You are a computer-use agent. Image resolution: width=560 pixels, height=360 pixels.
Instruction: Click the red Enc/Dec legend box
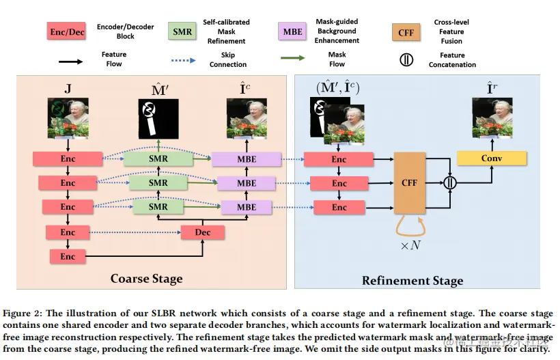[67, 31]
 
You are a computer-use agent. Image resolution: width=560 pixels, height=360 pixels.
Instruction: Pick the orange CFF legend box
[406, 31]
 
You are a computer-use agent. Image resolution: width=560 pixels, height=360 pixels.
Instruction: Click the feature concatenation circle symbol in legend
[406, 59]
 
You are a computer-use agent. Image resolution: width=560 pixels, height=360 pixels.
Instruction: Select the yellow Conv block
[492, 158]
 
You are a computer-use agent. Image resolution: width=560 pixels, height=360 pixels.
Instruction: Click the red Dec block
[203, 232]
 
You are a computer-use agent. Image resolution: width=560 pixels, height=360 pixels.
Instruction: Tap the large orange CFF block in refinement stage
[410, 183]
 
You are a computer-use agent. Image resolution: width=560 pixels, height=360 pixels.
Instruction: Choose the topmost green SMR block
[158, 159]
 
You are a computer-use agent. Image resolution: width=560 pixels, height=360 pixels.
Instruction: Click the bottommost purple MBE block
[247, 207]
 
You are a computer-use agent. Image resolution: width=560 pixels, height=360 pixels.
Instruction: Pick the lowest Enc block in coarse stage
[68, 256]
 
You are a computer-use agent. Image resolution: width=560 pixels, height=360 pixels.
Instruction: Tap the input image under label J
[68, 118]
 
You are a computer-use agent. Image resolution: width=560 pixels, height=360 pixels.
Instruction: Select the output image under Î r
[492, 118]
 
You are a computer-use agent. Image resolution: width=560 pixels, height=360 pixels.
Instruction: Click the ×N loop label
[410, 244]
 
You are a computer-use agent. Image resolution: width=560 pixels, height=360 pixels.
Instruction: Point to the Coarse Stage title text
[146, 278]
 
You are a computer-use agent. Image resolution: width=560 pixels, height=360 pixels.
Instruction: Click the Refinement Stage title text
[412, 280]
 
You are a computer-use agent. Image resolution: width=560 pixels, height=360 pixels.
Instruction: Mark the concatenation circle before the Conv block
[449, 183]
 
